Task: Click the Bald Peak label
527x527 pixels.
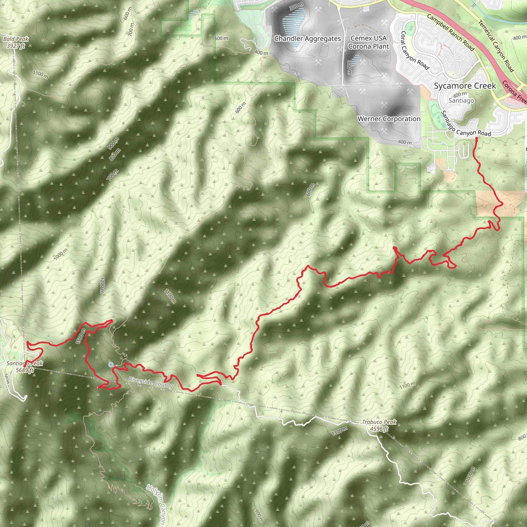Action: (16, 42)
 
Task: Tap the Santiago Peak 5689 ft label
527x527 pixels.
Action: (24, 367)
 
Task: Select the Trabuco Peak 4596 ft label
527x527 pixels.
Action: (379, 425)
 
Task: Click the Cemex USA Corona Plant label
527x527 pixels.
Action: (368, 42)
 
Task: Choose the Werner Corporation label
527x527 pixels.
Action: (389, 119)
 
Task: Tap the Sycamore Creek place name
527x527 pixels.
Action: (465, 86)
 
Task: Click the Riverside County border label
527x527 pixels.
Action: (151, 382)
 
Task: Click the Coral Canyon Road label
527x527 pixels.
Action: (414, 50)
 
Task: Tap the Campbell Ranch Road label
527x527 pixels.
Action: (450, 32)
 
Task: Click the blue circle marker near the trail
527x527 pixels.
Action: (111, 365)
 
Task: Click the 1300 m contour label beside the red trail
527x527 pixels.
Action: (81, 336)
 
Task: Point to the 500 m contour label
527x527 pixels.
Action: (221, 38)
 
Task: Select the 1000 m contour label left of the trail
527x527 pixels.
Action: (60, 254)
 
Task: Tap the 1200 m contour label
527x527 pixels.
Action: (102, 286)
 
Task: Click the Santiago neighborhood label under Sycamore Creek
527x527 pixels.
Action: (461, 101)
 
